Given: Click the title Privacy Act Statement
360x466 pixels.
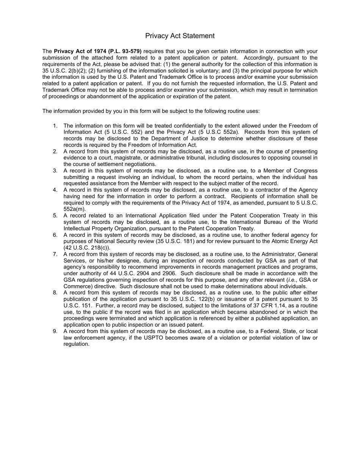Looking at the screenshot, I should [x=180, y=36].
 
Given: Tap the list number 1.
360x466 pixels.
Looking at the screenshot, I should [x=55, y=126].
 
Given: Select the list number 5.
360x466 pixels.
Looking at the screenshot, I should [x=55, y=216].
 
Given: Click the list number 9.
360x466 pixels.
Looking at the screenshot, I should [x=55, y=331].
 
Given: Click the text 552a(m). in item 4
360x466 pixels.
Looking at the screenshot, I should [x=75, y=209].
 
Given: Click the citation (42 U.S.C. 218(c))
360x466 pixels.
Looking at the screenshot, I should [x=87, y=248].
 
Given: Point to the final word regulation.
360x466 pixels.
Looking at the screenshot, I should [x=76, y=344].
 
